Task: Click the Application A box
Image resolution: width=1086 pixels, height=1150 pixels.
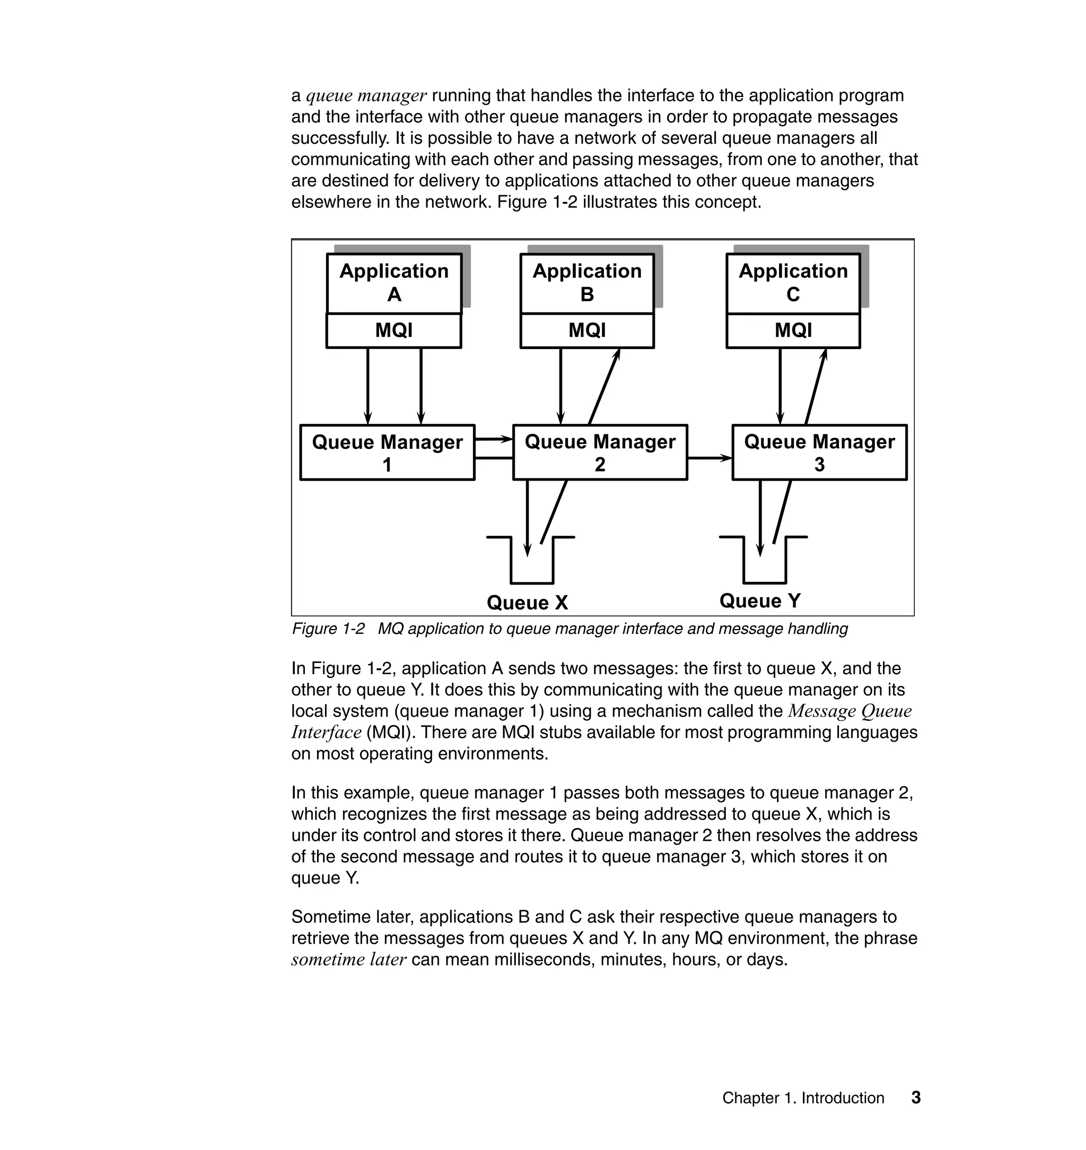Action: [x=393, y=283]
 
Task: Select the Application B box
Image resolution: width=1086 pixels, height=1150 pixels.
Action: [x=587, y=283]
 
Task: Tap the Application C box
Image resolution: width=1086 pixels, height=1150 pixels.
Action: [x=793, y=283]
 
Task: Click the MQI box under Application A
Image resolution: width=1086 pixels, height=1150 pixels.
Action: [x=393, y=330]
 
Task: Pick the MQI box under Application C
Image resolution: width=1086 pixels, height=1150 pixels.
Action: [x=793, y=330]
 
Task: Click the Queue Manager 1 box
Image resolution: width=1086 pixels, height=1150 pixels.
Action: [x=387, y=452]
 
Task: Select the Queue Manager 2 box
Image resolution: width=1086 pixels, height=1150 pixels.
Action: [x=600, y=452]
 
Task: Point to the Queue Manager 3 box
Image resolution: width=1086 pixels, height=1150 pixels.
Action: [x=819, y=452]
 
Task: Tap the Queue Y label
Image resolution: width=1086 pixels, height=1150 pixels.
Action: [x=760, y=601]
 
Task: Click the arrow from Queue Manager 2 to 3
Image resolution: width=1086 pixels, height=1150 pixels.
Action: [x=710, y=458]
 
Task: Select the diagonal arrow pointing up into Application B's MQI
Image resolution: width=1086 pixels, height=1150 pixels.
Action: [x=605, y=387]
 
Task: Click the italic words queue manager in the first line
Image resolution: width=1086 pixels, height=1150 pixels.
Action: [x=366, y=95]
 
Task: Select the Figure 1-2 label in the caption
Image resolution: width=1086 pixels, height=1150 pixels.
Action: [x=328, y=629]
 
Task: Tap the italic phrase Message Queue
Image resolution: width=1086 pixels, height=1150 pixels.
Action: [x=850, y=711]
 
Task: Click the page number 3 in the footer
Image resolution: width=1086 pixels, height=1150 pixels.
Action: [x=916, y=1097]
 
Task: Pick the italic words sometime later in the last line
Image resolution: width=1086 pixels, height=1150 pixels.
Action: [x=349, y=960]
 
